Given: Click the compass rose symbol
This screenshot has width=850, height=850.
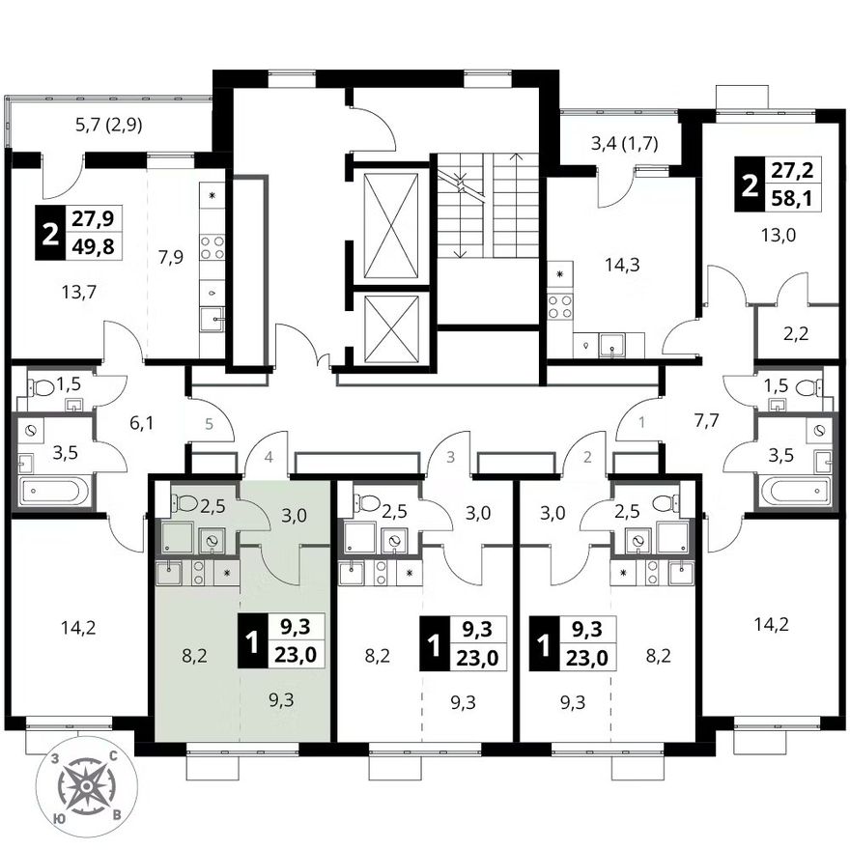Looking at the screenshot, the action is pyautogui.click(x=87, y=785).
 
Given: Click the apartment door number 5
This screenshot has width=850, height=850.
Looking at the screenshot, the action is pyautogui.click(x=210, y=423).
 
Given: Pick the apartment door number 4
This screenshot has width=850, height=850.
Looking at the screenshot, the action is pyautogui.click(x=269, y=458).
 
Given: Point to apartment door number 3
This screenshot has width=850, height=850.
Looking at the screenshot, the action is pyautogui.click(x=450, y=458).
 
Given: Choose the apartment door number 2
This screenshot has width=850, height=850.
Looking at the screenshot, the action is pyautogui.click(x=587, y=458).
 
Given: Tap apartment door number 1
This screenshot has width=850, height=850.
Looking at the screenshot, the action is pyautogui.click(x=641, y=422).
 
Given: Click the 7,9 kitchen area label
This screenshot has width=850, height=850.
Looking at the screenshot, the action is pyautogui.click(x=171, y=257).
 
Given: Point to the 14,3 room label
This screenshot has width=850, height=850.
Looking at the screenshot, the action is pyautogui.click(x=621, y=265).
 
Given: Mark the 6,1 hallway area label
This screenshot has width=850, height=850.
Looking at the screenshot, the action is pyautogui.click(x=141, y=422).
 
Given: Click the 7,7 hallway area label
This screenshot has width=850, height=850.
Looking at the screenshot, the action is pyautogui.click(x=706, y=420).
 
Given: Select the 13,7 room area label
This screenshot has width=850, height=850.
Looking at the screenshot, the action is pyautogui.click(x=78, y=293).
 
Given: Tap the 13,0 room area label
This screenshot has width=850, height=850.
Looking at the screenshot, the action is pyautogui.click(x=778, y=236).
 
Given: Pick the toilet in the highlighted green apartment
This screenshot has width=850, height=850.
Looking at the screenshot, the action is pyautogui.click(x=185, y=502).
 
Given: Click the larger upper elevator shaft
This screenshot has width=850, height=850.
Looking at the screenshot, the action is pyautogui.click(x=391, y=225).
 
